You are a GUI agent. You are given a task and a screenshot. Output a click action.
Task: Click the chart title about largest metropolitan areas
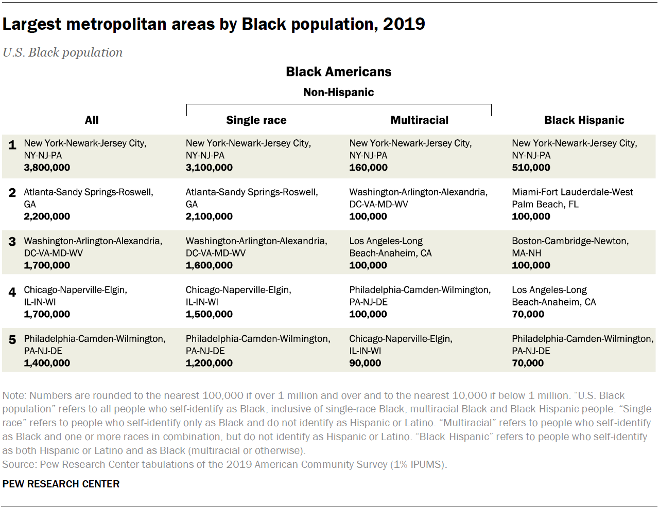click(x=214, y=24)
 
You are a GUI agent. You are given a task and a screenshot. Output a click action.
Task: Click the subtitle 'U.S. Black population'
click(x=62, y=52)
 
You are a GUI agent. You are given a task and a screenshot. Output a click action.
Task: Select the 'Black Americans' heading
click(x=338, y=72)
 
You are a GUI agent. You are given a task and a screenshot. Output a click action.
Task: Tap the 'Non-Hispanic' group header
click(x=338, y=93)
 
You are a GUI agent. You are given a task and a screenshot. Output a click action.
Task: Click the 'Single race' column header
click(x=256, y=120)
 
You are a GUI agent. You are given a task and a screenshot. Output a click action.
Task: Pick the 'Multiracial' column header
click(x=419, y=120)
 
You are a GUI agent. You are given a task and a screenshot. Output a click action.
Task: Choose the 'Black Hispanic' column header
click(x=584, y=120)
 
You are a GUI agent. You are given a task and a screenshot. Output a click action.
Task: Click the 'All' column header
click(x=92, y=120)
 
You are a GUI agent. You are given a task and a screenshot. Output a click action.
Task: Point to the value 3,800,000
click(x=47, y=168)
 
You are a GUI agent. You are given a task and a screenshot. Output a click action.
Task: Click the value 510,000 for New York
click(x=531, y=168)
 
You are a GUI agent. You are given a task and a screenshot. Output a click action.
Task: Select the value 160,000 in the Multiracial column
click(x=368, y=168)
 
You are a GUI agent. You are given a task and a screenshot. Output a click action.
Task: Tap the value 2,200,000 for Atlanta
click(x=47, y=216)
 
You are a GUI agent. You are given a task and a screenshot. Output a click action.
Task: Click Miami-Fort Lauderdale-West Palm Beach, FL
click(x=572, y=198)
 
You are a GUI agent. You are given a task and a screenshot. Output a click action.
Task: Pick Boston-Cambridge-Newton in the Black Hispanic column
click(x=570, y=247)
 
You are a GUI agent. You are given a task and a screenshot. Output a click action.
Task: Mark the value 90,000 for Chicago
click(x=365, y=363)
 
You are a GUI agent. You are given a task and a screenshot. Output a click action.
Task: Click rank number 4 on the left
click(x=12, y=293)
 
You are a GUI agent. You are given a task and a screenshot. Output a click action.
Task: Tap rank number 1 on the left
click(x=12, y=146)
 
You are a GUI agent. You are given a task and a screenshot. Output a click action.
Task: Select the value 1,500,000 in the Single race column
click(x=209, y=314)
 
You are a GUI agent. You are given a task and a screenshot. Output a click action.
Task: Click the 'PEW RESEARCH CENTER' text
click(x=61, y=484)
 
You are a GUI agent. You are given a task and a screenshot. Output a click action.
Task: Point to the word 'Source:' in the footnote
click(x=19, y=465)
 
